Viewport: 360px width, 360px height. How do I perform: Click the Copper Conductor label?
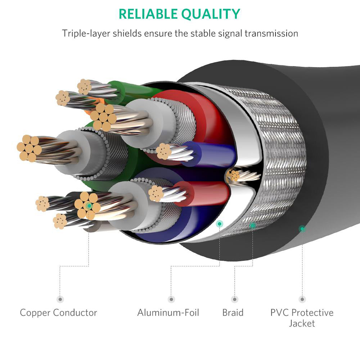point(58,312)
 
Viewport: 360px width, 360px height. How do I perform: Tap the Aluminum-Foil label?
point(168,312)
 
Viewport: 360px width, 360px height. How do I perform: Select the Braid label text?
point(233,312)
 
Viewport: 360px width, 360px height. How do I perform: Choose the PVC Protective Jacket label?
point(302,318)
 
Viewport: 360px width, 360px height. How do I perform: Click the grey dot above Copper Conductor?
point(60,299)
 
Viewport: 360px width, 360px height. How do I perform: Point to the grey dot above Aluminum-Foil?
point(171,299)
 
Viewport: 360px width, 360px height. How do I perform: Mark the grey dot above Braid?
point(235,299)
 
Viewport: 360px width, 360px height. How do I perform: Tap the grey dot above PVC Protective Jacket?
point(302,299)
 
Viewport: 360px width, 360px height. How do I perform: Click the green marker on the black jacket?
point(302,228)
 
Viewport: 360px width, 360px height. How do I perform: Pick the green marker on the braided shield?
point(253,225)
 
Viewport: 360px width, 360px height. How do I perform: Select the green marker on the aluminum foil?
point(220,224)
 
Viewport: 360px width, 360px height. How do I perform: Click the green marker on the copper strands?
point(89,206)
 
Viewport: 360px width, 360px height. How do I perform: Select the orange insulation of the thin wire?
point(89,110)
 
